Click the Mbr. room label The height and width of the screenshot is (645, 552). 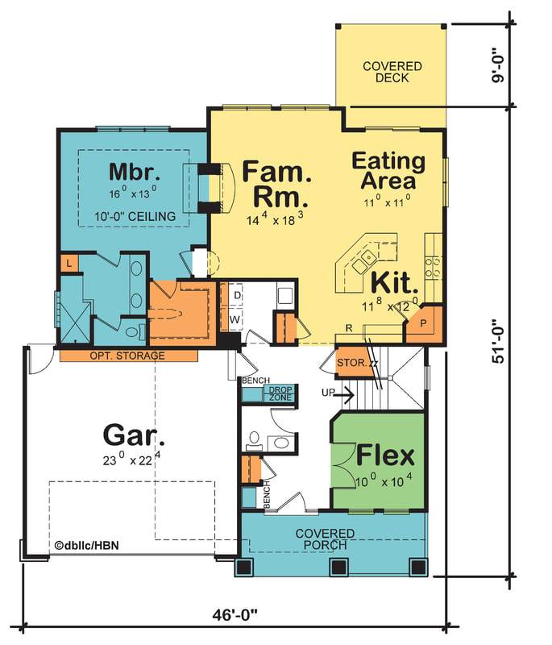tap(135, 172)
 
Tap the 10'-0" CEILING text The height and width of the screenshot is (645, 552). tap(135, 216)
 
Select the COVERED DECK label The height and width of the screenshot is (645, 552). tap(392, 72)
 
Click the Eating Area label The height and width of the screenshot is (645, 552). tap(388, 171)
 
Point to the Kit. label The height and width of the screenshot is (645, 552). tap(394, 283)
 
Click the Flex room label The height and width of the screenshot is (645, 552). tap(385, 456)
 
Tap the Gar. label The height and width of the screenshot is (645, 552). tap(134, 435)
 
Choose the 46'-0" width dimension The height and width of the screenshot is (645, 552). tap(234, 615)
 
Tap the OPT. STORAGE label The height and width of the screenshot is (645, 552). tap(127, 356)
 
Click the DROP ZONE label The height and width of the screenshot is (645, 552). tap(280, 393)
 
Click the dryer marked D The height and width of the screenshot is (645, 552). tap(237, 295)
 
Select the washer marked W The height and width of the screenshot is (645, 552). tap(234, 319)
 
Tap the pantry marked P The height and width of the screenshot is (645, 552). tap(423, 323)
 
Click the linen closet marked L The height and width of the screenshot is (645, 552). tap(69, 264)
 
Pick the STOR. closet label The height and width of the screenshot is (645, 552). tap(351, 363)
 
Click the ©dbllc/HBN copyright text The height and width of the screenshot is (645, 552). tap(87, 546)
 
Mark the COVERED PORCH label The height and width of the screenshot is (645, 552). tap(325, 539)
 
